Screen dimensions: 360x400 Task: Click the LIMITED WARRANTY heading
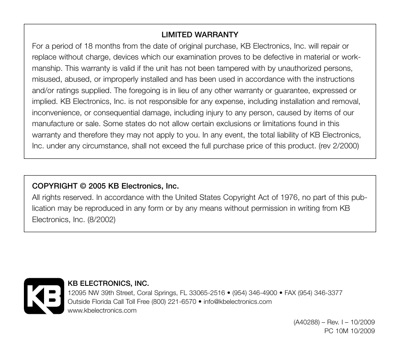pyautogui.click(x=200, y=35)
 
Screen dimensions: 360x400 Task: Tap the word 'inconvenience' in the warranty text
pyautogui.click(x=55, y=113)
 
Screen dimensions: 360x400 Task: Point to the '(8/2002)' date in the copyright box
pyautogui.click(x=101, y=219)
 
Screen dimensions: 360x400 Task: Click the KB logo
pyautogui.click(x=43, y=296)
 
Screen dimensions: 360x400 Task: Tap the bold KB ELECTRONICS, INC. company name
pyautogui.click(x=108, y=284)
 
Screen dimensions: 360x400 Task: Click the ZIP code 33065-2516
pyautogui.click(x=207, y=293)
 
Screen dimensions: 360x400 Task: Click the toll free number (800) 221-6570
pyautogui.click(x=174, y=302)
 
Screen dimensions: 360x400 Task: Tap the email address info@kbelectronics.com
pyautogui.click(x=238, y=302)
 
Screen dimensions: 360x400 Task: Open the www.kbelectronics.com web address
pyautogui.click(x=102, y=311)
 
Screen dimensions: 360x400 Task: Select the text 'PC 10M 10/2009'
pyautogui.click(x=349, y=331)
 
